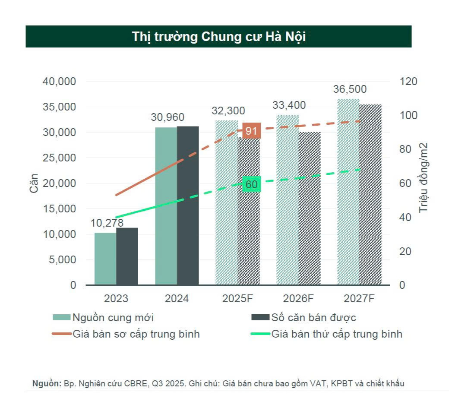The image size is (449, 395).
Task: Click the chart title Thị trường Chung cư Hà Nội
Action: coord(218,37)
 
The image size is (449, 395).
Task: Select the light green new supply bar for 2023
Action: coord(105,259)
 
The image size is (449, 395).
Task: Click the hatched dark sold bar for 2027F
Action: coord(370,195)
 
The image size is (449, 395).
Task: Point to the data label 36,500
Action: coord(350,89)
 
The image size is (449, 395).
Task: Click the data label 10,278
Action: coord(107,223)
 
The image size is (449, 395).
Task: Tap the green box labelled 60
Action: coord(251,185)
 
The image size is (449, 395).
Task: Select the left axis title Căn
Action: coord(34,183)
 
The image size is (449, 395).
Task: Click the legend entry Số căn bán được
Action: coord(313,318)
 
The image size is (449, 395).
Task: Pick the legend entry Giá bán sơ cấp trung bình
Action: coord(136,334)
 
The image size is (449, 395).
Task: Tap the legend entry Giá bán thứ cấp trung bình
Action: coord(337,334)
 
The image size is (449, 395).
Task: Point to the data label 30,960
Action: coord(168,117)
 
